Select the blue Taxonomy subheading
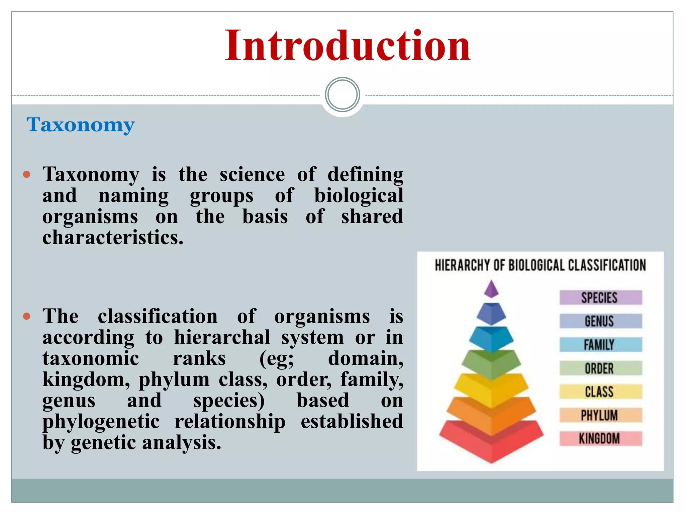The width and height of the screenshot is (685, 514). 80,124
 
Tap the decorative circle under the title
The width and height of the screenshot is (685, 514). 342,95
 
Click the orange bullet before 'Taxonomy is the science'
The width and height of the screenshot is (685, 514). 27,174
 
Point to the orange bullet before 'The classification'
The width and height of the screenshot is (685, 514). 27,316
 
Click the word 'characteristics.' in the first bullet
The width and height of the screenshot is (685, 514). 113,238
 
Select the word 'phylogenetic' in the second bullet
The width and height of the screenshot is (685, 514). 101,421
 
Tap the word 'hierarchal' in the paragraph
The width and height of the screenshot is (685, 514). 222,337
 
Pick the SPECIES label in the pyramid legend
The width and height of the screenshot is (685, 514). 601,297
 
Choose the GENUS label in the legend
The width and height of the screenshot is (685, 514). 601,321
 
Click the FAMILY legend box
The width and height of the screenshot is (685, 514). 601,345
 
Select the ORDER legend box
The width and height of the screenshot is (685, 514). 601,368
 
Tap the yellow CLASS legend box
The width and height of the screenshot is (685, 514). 601,392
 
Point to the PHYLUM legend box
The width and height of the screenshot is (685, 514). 601,415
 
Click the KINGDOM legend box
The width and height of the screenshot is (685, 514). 601,439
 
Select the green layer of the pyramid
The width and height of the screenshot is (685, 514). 491,365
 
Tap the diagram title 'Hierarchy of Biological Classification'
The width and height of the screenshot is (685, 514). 540,265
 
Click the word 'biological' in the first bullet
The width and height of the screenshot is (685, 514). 359,195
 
